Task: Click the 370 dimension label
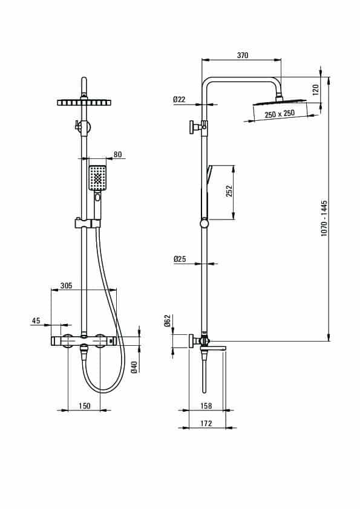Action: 243,55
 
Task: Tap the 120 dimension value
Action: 315,89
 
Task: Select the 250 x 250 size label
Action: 280,114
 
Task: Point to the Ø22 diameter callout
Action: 179,99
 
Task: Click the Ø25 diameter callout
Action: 179,259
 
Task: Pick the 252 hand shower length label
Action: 229,191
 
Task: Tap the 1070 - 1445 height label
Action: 324,218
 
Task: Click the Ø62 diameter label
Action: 168,320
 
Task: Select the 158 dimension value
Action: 206,406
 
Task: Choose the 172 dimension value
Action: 206,423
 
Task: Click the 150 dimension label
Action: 85,406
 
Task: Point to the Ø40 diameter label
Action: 134,367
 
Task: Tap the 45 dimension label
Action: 36,321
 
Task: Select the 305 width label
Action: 67,286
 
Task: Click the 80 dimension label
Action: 117,154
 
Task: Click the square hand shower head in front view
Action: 97,178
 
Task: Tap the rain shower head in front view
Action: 84,103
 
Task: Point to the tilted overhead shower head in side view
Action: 280,102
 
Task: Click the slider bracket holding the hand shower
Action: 88,223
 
